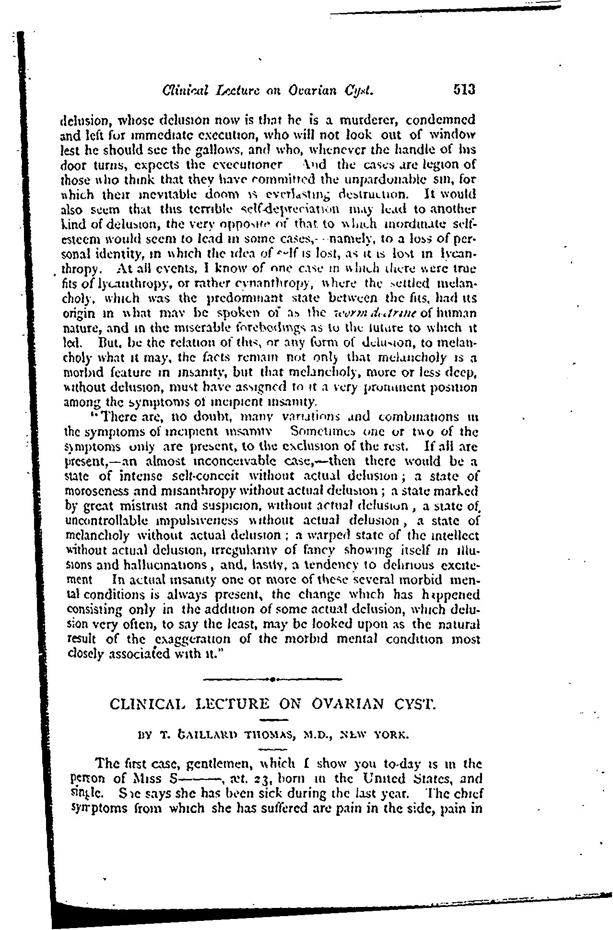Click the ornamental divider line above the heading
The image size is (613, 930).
272,679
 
